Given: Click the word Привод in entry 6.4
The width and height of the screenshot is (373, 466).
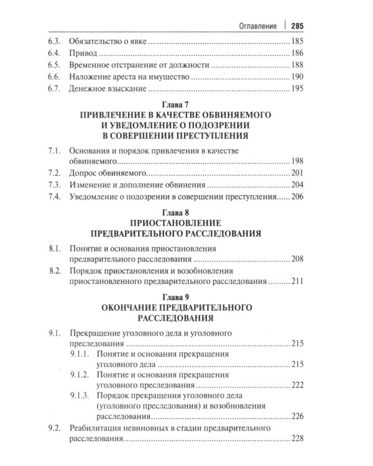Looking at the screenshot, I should coord(82,53).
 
